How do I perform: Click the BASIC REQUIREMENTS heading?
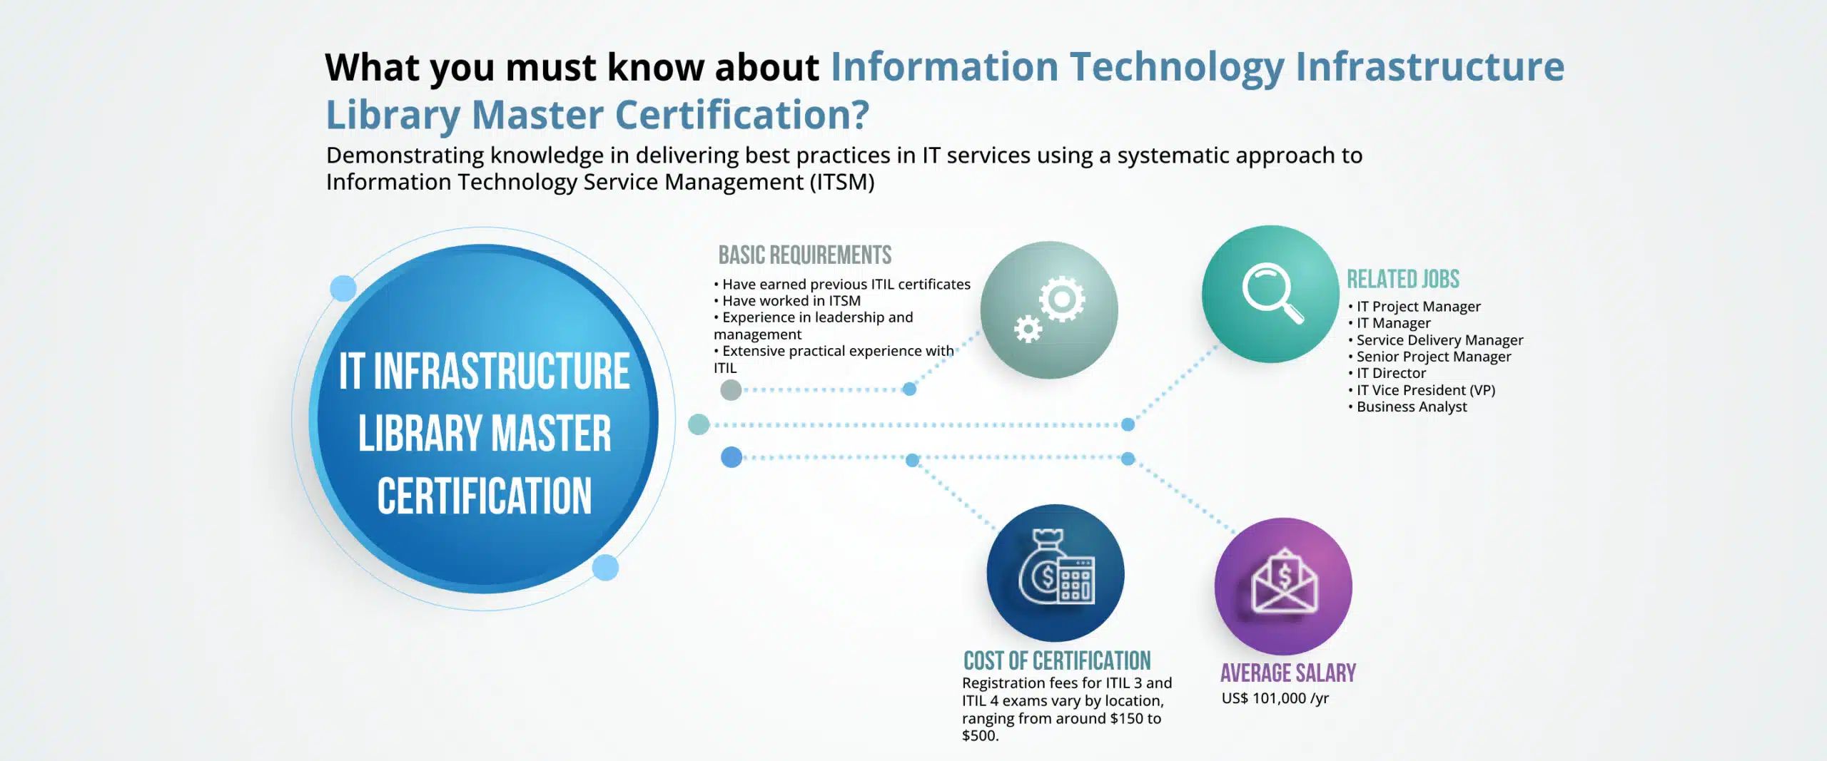coord(804,255)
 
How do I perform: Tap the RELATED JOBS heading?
coord(1402,280)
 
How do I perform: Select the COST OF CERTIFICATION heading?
coord(1056,661)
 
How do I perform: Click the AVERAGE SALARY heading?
coord(1287,673)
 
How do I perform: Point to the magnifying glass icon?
coord(1272,293)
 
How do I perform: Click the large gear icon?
coord(1062,299)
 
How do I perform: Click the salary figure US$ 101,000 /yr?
coord(1275,698)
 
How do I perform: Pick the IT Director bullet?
coord(1390,373)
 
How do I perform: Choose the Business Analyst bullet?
coord(1411,407)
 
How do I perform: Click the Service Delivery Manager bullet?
coord(1439,340)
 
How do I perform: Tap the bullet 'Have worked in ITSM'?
coord(791,301)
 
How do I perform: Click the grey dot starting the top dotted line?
coord(731,390)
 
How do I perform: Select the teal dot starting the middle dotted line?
coord(699,424)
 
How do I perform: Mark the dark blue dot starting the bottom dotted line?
coord(732,457)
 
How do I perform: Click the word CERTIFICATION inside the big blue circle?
coord(485,496)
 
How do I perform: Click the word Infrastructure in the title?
coord(1429,67)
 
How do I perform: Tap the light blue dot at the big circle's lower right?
coord(605,568)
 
